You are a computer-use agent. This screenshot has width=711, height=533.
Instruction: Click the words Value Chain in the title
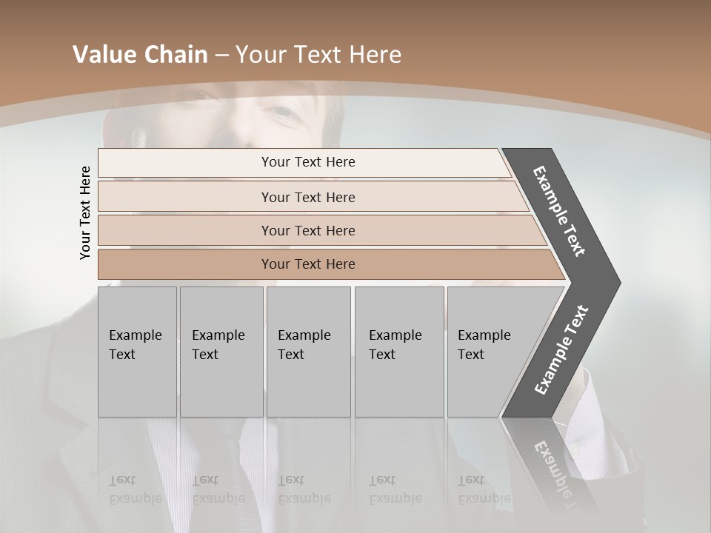[140, 55]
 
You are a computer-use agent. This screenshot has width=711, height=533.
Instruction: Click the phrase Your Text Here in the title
[318, 55]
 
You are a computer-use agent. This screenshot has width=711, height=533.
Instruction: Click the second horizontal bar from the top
[307, 197]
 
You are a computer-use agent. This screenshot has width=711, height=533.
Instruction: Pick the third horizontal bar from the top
[307, 231]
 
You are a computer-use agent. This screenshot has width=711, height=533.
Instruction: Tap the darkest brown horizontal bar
[307, 264]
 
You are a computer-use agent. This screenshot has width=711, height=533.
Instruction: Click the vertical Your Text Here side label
[85, 212]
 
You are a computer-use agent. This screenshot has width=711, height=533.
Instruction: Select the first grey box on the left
[137, 352]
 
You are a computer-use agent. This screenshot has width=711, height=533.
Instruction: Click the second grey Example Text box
[221, 352]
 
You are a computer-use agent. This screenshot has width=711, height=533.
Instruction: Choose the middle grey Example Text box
[308, 352]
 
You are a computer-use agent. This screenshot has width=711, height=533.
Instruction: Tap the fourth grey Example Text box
[399, 352]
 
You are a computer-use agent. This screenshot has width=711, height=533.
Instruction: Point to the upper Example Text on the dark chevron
[559, 211]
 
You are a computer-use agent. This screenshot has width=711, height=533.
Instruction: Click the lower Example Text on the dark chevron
[561, 350]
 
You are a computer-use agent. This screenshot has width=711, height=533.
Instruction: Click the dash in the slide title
[221, 56]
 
